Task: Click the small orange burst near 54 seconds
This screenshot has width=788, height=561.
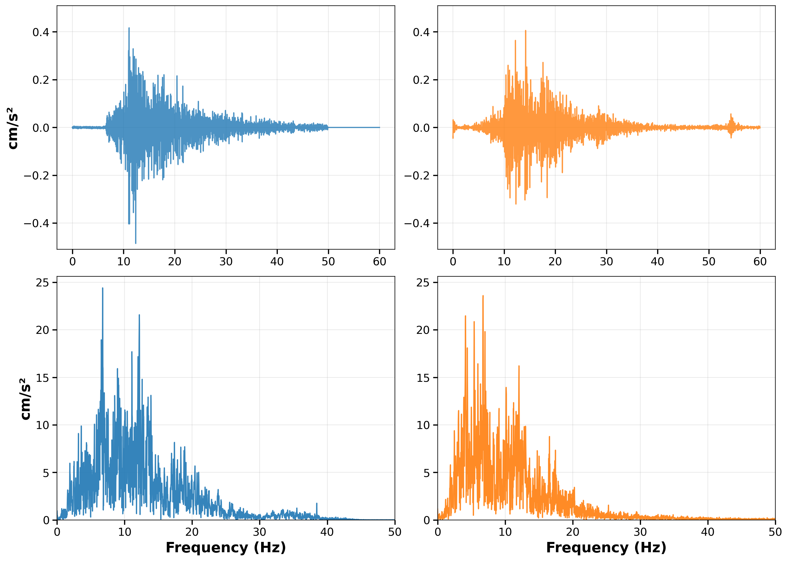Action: pyautogui.click(x=731, y=125)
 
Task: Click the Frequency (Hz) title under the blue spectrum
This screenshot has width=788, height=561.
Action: pyautogui.click(x=226, y=548)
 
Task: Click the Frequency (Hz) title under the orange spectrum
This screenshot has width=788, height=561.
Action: pyautogui.click(x=606, y=548)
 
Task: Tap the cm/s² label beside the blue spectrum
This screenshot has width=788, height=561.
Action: pyautogui.click(x=25, y=399)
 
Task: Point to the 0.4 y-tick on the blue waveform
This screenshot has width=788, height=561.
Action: pyautogui.click(x=40, y=32)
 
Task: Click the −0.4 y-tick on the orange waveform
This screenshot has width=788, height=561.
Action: pyautogui.click(x=417, y=223)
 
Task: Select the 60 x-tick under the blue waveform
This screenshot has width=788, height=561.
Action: pyautogui.click(x=379, y=261)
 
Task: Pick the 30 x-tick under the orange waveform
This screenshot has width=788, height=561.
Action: pyautogui.click(x=606, y=261)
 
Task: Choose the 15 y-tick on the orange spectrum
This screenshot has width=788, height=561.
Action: pyautogui.click(x=423, y=378)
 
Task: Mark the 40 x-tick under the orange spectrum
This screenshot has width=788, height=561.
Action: pyautogui.click(x=708, y=532)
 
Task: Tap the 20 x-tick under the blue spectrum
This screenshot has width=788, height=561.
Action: pyautogui.click(x=192, y=532)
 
